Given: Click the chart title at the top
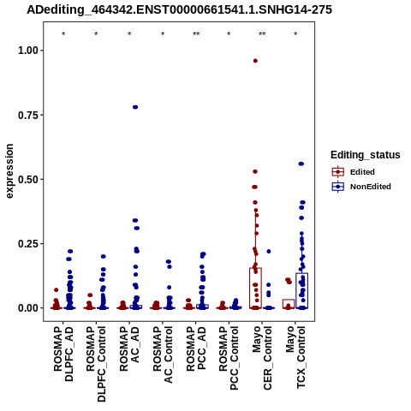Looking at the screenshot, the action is (179, 9).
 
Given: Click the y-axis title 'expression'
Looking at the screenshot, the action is (9, 171).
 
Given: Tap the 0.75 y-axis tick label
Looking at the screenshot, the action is (28, 115).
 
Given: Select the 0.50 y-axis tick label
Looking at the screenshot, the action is (28, 180).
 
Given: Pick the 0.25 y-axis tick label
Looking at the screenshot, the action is (28, 244).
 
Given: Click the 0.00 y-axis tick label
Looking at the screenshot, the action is (28, 308).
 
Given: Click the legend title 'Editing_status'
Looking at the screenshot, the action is (366, 155).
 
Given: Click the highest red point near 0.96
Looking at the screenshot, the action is (255, 61).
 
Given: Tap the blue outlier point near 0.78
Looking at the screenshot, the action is (135, 107).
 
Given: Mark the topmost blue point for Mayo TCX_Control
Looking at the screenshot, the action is (301, 164).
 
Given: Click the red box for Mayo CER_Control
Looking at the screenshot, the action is (255, 268).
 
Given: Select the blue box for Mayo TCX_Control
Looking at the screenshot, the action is (302, 273).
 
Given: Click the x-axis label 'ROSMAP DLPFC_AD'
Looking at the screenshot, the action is (63, 354).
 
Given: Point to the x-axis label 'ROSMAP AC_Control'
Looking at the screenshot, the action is (163, 354).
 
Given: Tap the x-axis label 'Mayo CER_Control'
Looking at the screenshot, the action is (262, 358).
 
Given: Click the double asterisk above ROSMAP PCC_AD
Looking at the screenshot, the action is (196, 34).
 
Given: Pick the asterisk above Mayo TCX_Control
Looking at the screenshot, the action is (295, 34).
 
